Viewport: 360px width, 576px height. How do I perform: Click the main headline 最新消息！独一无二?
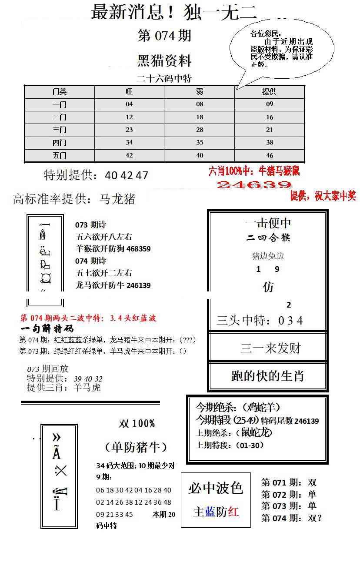(x=173, y=12)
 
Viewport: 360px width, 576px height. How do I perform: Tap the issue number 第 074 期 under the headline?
(x=164, y=36)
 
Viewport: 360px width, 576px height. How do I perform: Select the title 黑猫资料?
(x=164, y=61)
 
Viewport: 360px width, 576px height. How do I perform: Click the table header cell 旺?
(x=129, y=92)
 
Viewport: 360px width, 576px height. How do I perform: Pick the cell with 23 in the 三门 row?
(x=129, y=130)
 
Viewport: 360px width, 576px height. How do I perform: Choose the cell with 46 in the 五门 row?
(x=270, y=155)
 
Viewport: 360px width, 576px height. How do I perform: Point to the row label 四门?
(x=60, y=142)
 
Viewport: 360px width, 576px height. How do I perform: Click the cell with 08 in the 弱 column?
(x=200, y=104)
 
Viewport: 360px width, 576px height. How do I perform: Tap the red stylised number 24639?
(x=254, y=185)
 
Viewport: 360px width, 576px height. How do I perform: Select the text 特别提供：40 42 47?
(x=96, y=175)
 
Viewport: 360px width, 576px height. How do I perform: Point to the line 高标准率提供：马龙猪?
(x=74, y=199)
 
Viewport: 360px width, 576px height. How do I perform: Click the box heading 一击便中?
(x=268, y=223)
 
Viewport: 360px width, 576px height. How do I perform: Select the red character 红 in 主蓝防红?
(x=233, y=512)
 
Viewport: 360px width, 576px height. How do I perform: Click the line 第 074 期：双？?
(x=291, y=518)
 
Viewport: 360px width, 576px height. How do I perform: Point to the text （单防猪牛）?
(x=136, y=447)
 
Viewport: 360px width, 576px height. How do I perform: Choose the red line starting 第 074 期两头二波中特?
(x=88, y=318)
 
